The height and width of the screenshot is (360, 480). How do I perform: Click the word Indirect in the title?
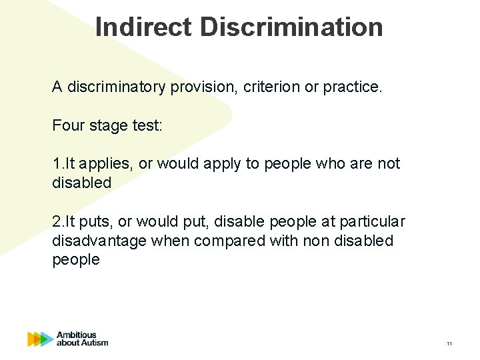[143, 27]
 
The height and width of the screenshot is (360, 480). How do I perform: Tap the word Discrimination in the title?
[291, 27]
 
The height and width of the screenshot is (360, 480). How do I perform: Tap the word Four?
[67, 125]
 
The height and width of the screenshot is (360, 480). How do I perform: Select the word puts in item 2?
[97, 221]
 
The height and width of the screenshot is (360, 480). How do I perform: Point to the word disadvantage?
[100, 241]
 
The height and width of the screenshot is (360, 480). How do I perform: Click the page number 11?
[449, 343]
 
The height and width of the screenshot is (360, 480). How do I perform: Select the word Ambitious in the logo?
[77, 335]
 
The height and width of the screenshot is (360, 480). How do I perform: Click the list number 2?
[56, 221]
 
